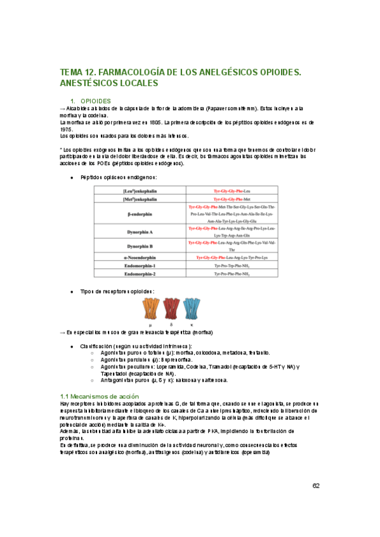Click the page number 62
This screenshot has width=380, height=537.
pos(316,486)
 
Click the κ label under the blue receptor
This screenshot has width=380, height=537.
pos(192,324)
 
